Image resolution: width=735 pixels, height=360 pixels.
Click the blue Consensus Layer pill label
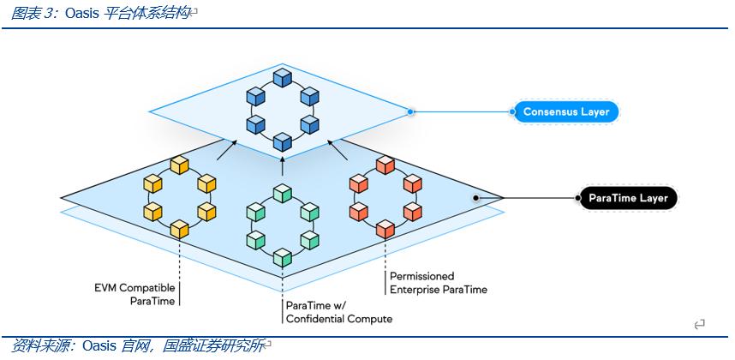tap(565, 111)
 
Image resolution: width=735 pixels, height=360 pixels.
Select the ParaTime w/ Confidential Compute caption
tap(338, 312)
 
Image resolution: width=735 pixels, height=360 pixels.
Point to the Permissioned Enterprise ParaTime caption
tap(438, 283)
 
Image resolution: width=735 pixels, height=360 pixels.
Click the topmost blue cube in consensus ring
tap(282, 78)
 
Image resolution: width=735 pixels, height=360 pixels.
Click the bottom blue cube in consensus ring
tap(282, 141)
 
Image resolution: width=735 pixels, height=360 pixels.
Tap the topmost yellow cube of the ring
tap(179, 164)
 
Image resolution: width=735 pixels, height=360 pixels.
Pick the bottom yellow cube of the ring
tap(179, 228)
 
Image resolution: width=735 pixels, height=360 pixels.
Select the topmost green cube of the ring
tap(282, 193)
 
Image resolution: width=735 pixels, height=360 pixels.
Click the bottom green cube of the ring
tap(282, 256)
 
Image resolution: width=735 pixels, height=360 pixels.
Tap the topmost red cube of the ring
tap(385, 164)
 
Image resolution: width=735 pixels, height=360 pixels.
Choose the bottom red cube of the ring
tap(385, 228)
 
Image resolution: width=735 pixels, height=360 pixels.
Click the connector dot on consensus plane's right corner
tap(410, 111)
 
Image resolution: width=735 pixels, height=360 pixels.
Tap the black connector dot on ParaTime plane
tap(475, 198)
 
